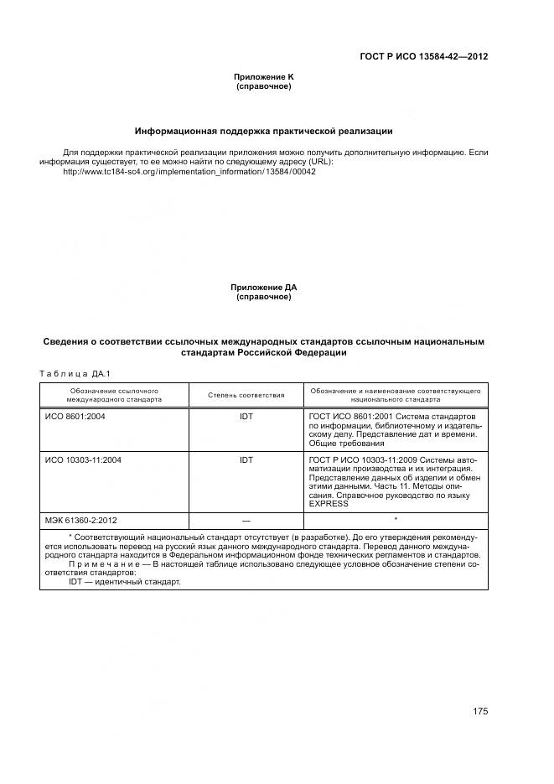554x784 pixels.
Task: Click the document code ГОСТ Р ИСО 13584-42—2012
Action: [423, 57]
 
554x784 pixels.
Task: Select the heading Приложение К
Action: [263, 76]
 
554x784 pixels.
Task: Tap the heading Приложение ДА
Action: [263, 287]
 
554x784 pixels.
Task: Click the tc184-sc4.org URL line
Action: [189, 171]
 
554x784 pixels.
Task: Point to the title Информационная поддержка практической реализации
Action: [264, 131]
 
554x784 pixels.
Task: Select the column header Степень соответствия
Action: [246, 395]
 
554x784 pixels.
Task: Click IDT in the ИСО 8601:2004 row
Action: [246, 416]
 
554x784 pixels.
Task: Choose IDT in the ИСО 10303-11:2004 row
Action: [246, 459]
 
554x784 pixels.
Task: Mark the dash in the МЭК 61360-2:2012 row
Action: [246, 520]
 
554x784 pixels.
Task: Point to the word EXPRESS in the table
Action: [328, 505]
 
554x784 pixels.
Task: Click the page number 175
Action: [479, 711]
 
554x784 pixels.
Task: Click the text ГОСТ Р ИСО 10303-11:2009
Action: [361, 459]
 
